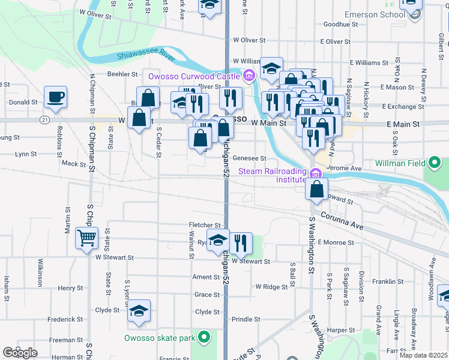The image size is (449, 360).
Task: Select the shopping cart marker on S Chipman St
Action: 86,238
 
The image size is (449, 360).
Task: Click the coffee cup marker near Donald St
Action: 55,98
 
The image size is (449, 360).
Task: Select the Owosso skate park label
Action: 160,338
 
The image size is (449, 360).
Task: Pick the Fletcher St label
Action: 206,225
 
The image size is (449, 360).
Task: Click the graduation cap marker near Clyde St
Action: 139,311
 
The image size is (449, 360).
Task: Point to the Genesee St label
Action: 249,158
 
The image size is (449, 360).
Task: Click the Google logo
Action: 19,352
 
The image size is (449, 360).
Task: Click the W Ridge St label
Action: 271,287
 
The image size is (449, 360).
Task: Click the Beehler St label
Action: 123,74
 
